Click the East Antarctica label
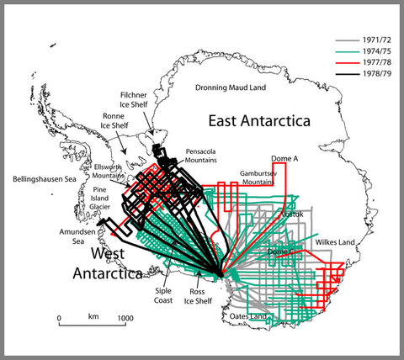(268, 117)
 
